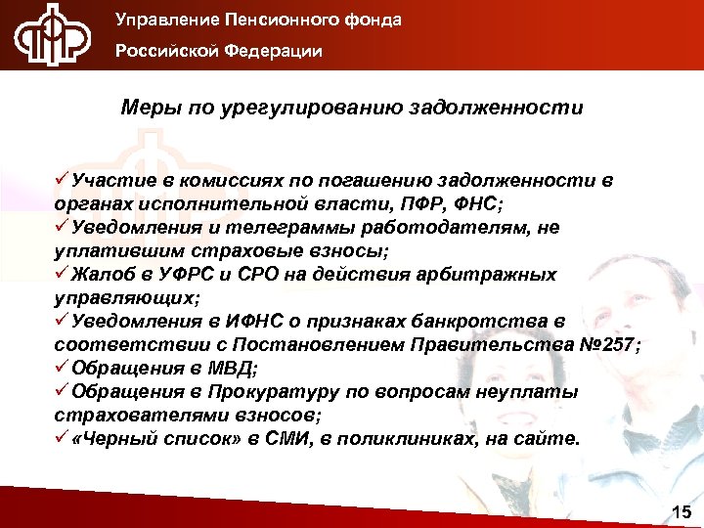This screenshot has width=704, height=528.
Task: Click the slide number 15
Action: (682, 512)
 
